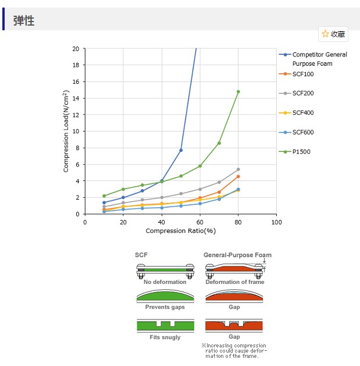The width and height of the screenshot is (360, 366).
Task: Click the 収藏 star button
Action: point(333,34)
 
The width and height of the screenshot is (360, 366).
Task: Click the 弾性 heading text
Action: point(24,21)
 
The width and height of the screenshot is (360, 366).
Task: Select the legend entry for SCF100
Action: point(302,74)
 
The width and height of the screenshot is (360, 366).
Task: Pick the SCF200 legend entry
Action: point(302,93)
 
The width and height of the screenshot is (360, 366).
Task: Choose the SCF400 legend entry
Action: point(302,112)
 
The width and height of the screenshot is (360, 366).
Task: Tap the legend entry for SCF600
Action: point(302,132)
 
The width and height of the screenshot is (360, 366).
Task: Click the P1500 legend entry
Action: point(301,151)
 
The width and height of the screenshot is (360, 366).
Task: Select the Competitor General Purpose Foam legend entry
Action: point(319,59)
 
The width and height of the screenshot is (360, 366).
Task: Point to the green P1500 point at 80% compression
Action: point(238,91)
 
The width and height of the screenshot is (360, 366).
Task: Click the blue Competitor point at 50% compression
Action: point(181,150)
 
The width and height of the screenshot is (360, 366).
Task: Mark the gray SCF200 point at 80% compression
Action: point(238,169)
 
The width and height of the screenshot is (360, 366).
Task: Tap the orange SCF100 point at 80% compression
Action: point(238,176)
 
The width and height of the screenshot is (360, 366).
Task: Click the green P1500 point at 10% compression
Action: point(104,196)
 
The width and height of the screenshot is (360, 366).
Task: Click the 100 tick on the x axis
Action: point(277,222)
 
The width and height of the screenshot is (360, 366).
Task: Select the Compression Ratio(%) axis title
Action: point(180,231)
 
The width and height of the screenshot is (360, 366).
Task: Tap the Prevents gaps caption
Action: point(165,307)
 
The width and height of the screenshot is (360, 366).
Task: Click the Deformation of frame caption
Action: point(234,282)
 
